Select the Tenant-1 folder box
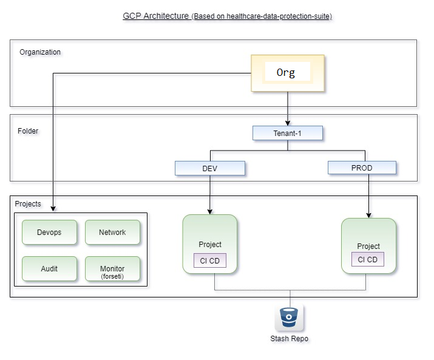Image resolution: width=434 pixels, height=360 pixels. pos(287,133)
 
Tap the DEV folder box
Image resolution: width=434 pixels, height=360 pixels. pos(209,168)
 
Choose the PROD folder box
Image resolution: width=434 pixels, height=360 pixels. pos(362,168)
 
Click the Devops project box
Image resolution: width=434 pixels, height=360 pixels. pos(49,233)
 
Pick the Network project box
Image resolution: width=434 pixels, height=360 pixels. pos(112,233)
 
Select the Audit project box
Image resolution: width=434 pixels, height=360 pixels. pos(49,268)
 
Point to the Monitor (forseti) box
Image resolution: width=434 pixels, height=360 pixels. pos(112,269)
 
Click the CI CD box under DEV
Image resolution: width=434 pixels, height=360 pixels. pos(209,261)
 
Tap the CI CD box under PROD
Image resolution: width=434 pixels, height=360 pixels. pos(368,260)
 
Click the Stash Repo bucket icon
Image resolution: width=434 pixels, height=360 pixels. pos(290,318)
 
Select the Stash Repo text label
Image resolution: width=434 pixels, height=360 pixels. pos(290,339)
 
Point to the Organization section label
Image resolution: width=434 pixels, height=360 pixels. pos(40,52)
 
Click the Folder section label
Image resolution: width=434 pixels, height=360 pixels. pos(28,131)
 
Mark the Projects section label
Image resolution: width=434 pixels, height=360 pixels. pos(28,204)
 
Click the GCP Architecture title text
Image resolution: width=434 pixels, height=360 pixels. pos(156,16)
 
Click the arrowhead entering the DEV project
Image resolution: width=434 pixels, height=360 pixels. pos(210,211)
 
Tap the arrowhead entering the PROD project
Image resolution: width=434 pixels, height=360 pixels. pos(368,215)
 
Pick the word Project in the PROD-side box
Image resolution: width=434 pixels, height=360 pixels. pos(368,246)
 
